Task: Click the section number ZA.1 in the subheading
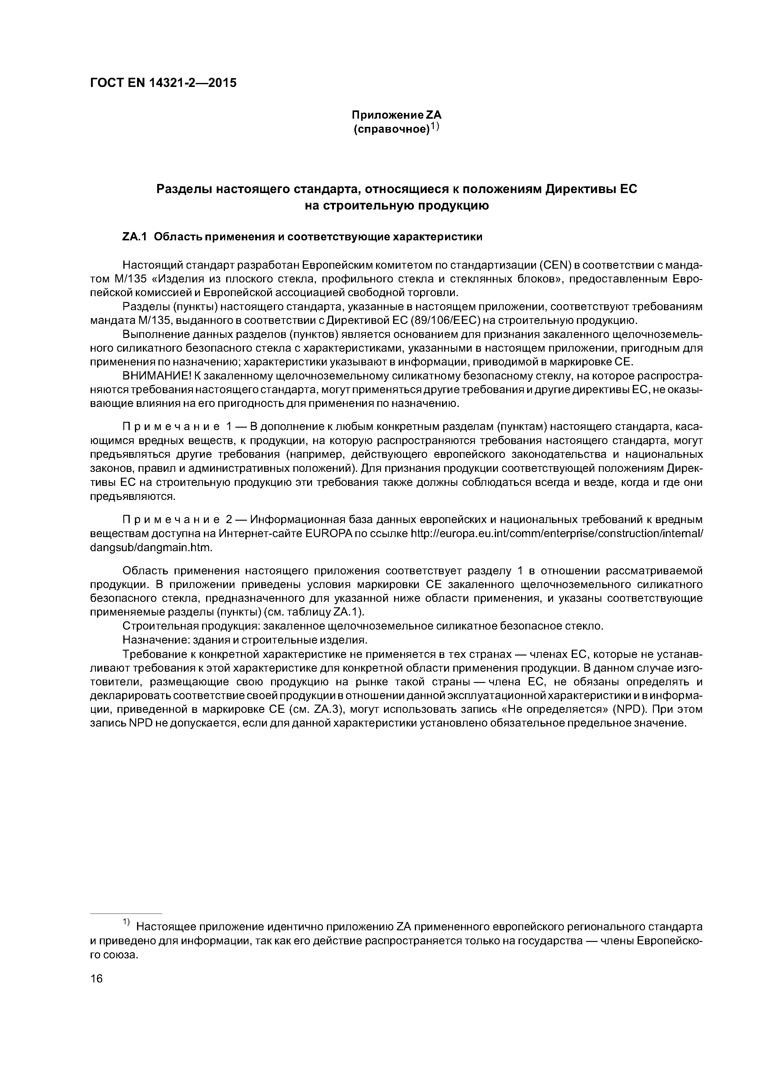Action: coord(134,237)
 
